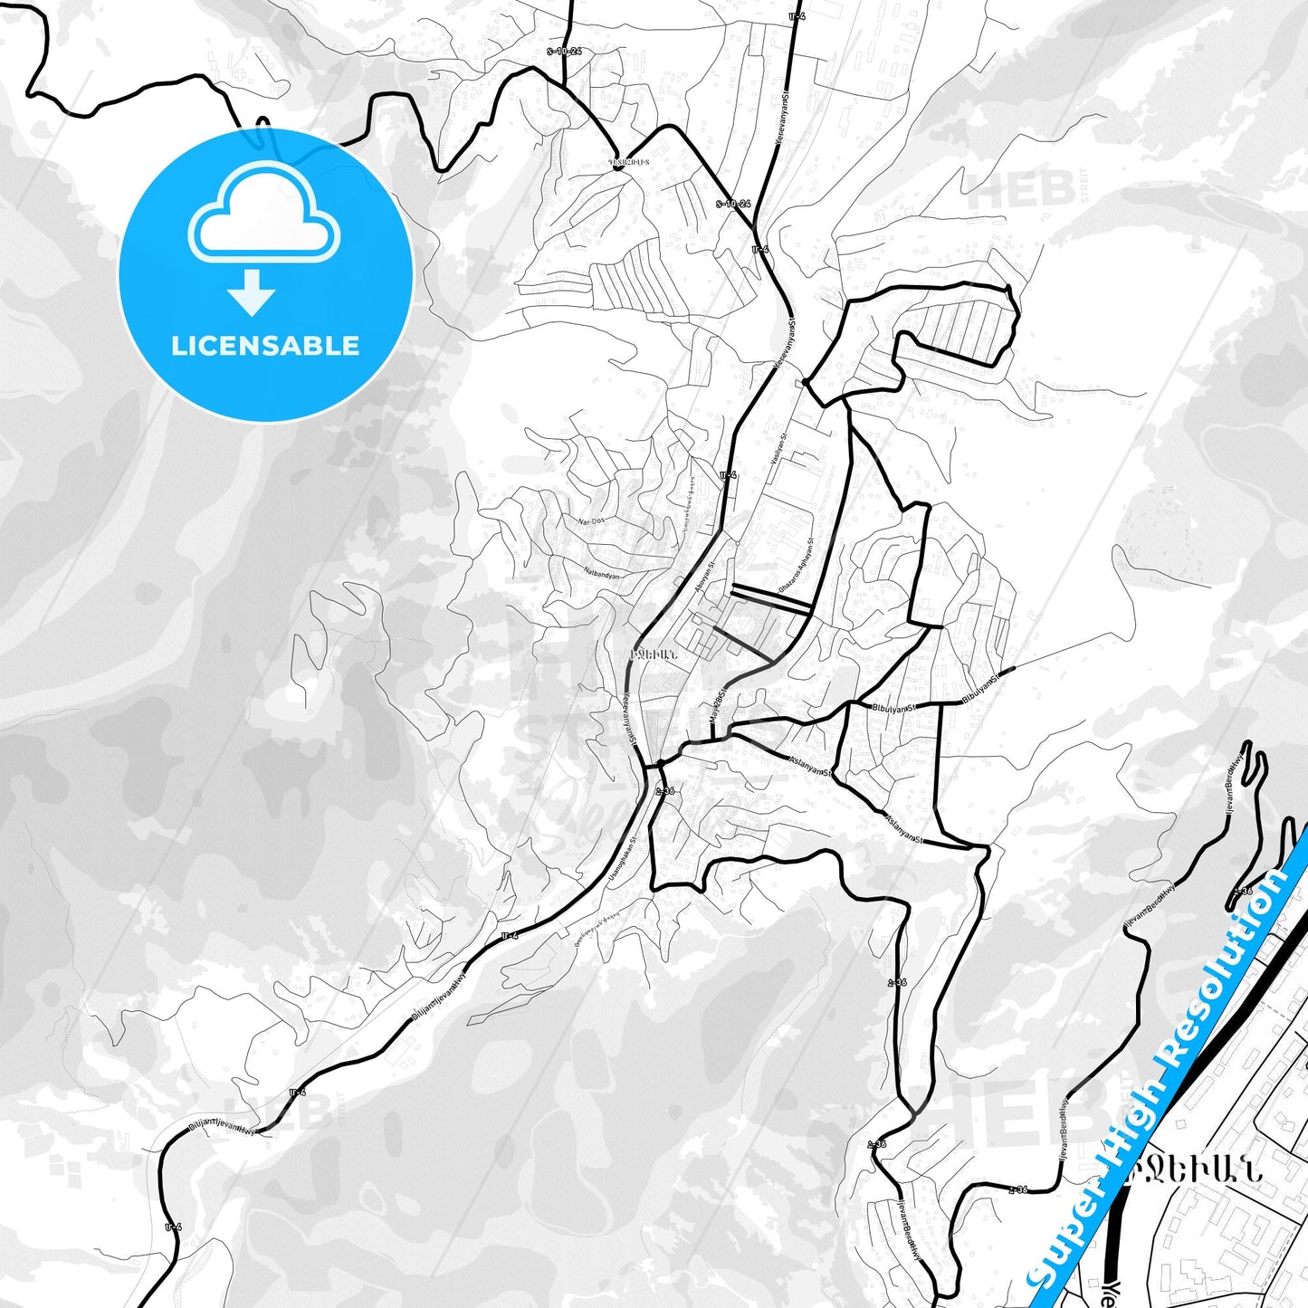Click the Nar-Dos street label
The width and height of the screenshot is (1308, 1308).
(x=591, y=521)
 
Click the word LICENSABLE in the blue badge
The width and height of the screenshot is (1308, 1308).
(x=265, y=346)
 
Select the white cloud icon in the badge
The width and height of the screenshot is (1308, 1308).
(x=263, y=218)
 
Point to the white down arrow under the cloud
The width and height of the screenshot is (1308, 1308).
(x=252, y=291)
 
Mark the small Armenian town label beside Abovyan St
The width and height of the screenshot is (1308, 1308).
(x=652, y=653)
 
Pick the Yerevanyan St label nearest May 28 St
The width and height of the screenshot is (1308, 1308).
(x=630, y=720)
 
